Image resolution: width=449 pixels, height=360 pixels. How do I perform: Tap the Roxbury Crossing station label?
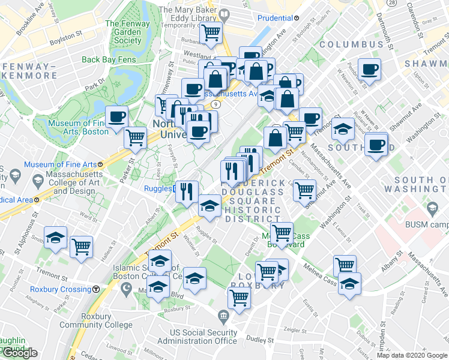62,289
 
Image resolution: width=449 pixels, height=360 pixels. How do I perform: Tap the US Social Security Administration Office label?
204,337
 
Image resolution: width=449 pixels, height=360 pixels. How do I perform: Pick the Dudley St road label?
260,339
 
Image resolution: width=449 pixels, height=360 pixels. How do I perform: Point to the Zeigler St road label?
295,331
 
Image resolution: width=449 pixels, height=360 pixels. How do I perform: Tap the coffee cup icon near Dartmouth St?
369,69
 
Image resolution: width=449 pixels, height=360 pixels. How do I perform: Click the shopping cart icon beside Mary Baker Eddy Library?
211,33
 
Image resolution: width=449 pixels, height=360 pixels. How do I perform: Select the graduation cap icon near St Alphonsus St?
56,238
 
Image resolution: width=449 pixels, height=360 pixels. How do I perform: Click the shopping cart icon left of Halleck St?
81,246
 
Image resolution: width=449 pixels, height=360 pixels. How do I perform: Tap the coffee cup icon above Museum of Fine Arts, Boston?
117,116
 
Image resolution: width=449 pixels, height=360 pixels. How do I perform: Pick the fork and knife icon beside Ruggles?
187,191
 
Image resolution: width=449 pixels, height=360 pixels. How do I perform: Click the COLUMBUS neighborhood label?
352,45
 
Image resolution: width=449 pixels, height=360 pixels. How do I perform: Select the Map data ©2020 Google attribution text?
412,355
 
